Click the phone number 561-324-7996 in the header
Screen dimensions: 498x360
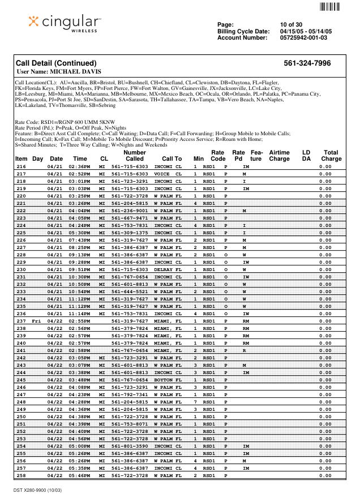(x=307, y=63)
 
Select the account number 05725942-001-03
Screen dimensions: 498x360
(x=303, y=38)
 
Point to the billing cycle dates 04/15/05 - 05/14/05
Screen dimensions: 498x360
(x=306, y=31)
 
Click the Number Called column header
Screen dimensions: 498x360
(x=135, y=156)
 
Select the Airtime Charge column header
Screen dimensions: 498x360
(x=279, y=156)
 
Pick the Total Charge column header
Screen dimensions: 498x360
(x=331, y=156)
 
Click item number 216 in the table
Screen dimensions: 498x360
(x=21, y=167)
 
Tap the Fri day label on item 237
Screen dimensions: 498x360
(x=37, y=321)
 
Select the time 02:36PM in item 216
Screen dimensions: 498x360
(x=79, y=167)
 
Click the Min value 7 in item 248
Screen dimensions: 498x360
(x=195, y=402)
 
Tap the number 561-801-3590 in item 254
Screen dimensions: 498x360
(x=130, y=447)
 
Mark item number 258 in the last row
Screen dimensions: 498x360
(x=21, y=476)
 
